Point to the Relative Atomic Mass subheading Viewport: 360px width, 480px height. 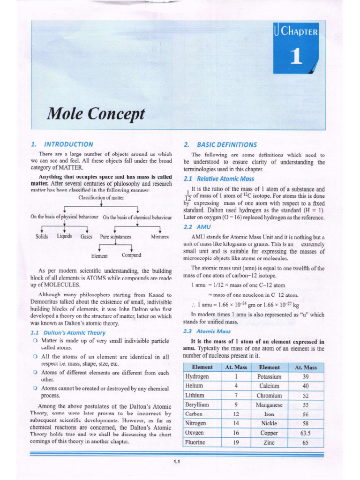pos(219,179)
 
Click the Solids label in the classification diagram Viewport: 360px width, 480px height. pos(42,237)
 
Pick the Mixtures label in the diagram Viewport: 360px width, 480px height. pos(159,237)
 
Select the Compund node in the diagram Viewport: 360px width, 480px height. pos(131,255)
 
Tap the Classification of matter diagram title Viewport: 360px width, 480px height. pos(101,198)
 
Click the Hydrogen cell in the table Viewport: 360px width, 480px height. pos(197,376)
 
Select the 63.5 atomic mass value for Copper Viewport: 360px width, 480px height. pos(306,433)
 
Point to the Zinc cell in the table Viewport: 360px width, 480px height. pos(269,442)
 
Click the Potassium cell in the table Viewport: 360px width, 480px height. pos(269,376)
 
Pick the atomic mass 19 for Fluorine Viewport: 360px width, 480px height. pos(236,442)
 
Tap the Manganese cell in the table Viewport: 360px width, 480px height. pos(269,405)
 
